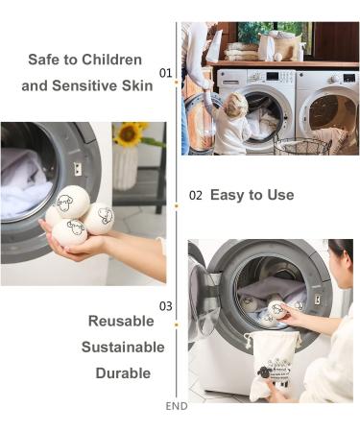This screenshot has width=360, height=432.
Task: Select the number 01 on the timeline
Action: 165,73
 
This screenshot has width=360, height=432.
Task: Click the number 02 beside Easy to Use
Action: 195,195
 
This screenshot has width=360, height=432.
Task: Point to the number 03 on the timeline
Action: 165,306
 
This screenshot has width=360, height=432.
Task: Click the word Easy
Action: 227,195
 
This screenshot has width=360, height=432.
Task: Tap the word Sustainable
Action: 122,347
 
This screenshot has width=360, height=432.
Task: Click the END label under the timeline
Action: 177,406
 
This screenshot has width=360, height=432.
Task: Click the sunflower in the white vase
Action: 129,135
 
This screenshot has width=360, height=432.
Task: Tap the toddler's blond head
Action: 235,105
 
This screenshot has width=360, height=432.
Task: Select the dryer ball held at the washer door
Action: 278,309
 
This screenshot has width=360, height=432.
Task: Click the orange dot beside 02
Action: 177,205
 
